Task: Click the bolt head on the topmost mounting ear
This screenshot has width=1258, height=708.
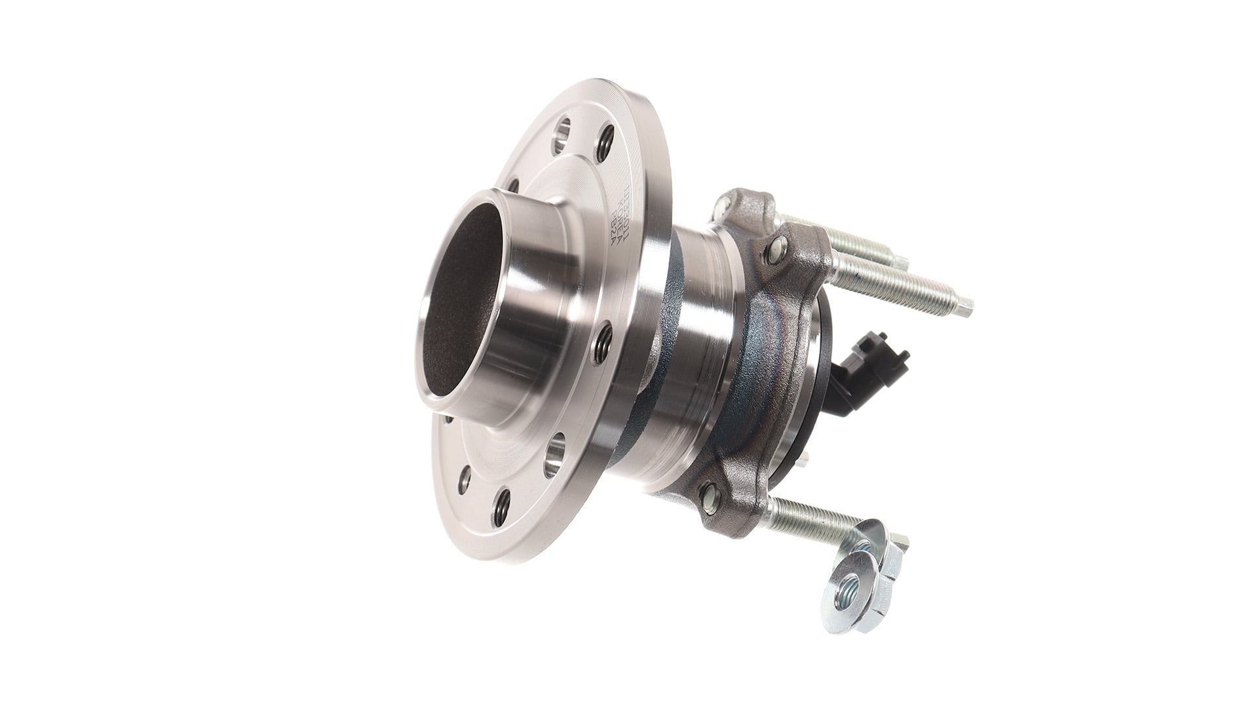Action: (x=721, y=207)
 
